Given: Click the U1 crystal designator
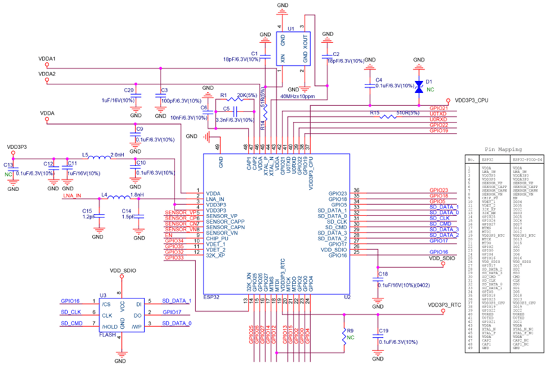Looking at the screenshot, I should tap(290, 28).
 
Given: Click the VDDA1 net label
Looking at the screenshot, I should tap(47, 59).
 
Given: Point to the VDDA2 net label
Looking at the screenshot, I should tap(47, 73).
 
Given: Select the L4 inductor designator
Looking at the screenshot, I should tap(105, 195).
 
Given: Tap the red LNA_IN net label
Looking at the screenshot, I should tap(72, 197).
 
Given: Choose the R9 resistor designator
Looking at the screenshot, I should tap(350, 331).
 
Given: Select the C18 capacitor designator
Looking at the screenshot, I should tap(384, 274).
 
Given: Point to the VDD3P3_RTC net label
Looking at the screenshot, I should tap(445, 305).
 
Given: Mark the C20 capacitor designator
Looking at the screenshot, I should tap(128, 90).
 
